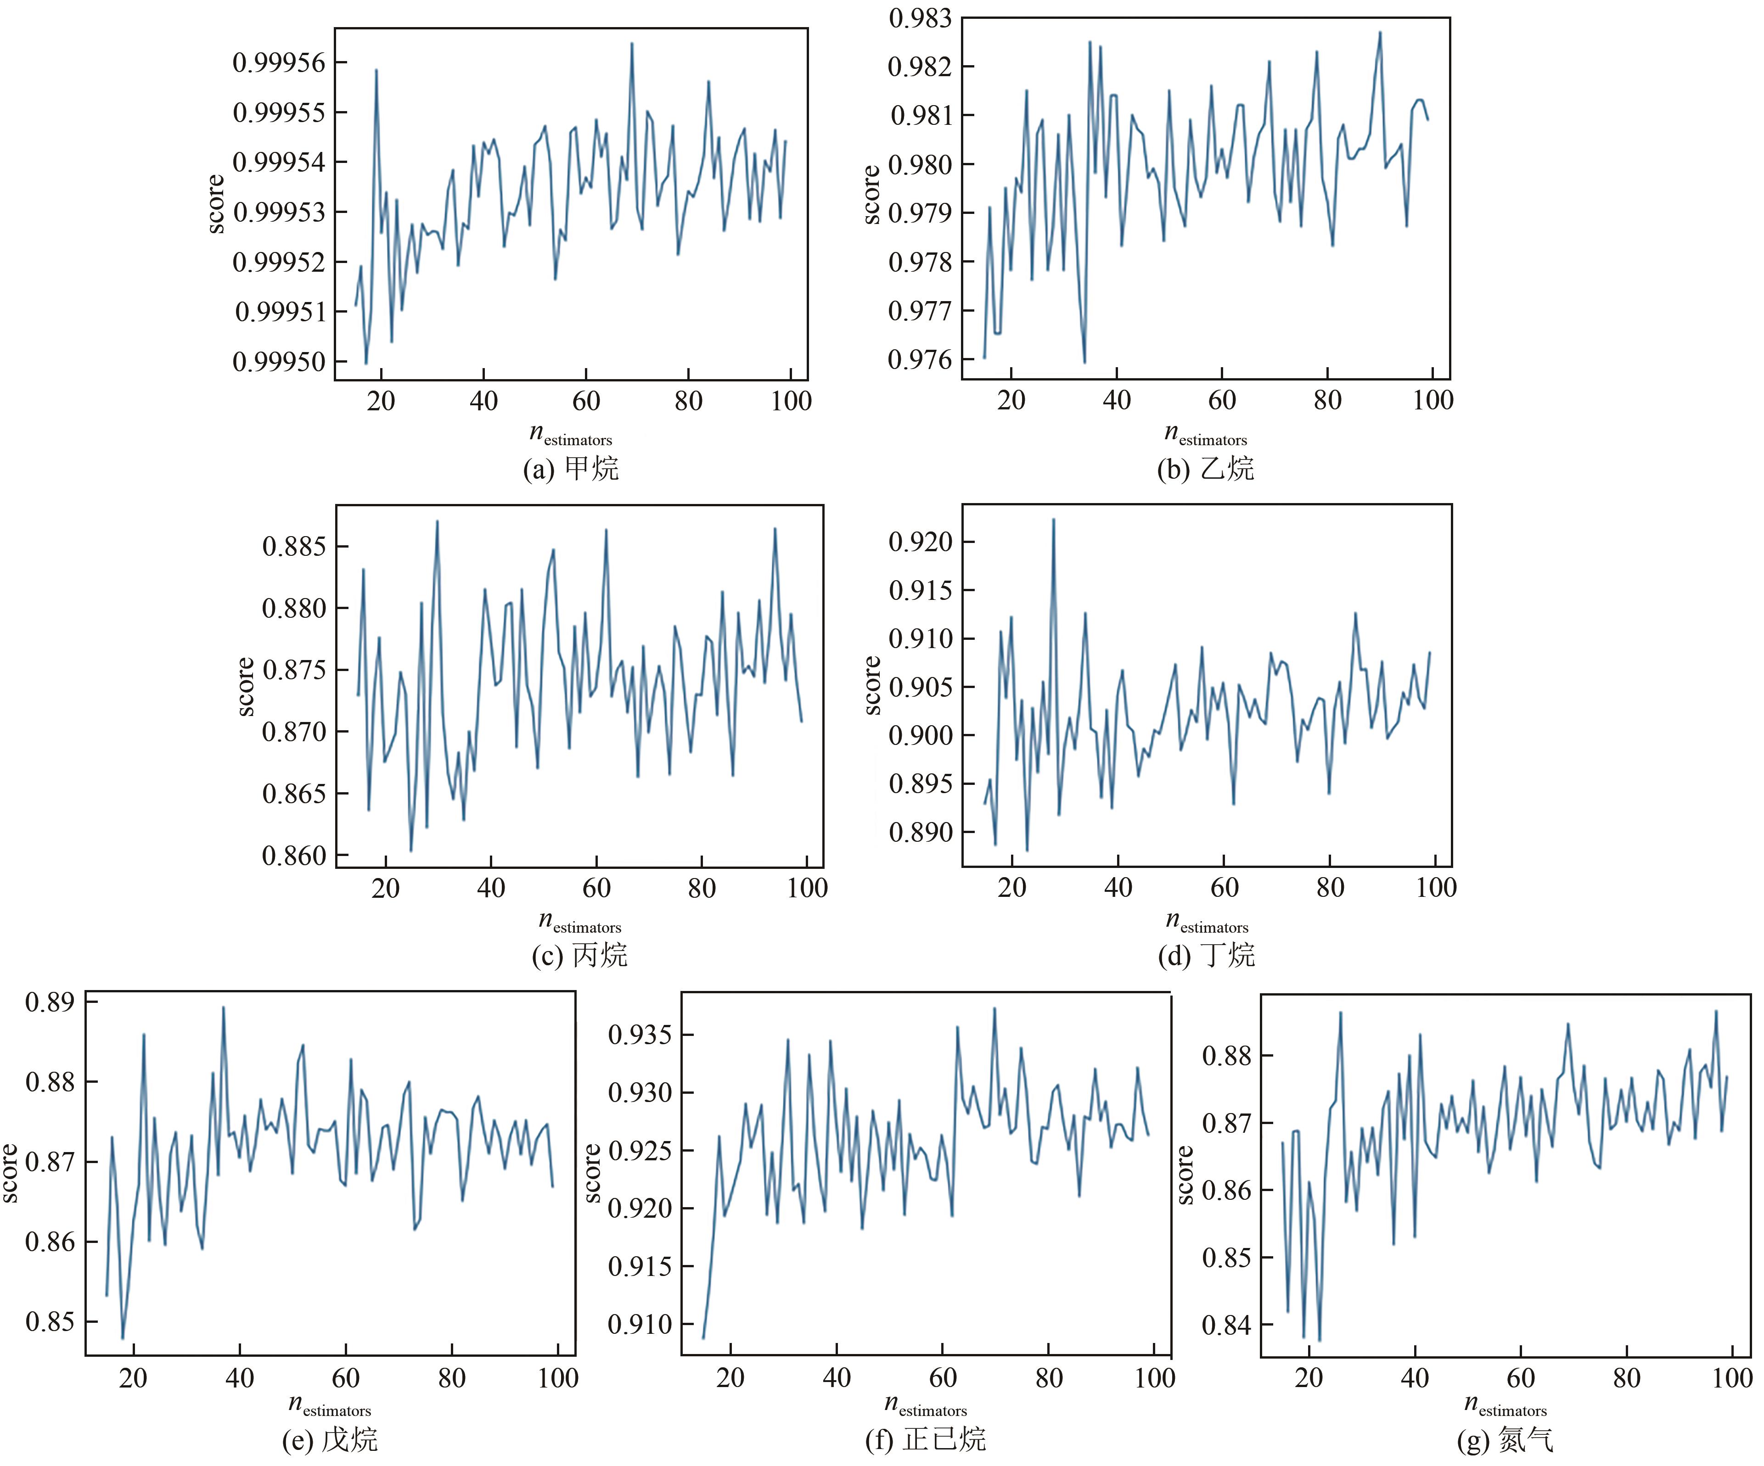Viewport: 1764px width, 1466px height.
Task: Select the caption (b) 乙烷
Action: point(1205,468)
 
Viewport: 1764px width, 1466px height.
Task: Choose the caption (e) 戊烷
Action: point(330,1440)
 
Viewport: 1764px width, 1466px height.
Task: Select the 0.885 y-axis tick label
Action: point(293,547)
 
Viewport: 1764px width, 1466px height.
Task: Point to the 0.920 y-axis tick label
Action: point(921,542)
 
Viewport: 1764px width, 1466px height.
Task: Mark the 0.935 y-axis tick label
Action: point(640,1035)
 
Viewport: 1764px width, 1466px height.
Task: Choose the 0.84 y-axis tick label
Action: point(1227,1325)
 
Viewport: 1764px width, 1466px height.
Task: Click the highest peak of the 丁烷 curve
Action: point(1053,520)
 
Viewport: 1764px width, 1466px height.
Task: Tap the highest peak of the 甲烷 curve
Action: point(632,44)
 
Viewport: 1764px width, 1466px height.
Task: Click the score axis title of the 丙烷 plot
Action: point(245,686)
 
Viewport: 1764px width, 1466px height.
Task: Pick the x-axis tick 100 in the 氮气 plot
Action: point(1732,1378)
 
